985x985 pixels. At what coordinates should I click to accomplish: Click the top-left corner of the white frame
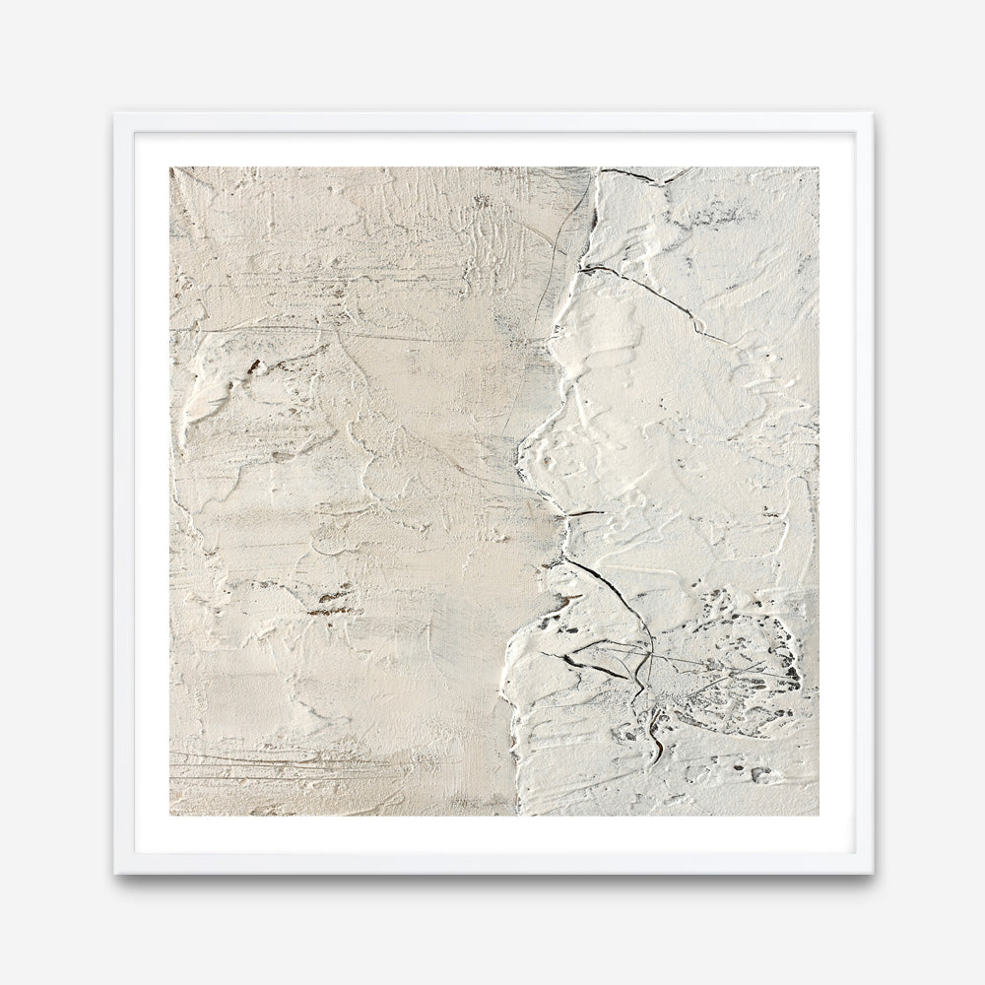pyautogui.click(x=113, y=113)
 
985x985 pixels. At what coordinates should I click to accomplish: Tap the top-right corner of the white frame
pyautogui.click(x=873, y=113)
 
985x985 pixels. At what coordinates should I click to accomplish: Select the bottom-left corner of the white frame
pyautogui.click(x=113, y=874)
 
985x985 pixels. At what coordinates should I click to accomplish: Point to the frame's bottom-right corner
pyautogui.click(x=873, y=874)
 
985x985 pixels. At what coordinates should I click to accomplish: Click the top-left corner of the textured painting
pyautogui.click(x=169, y=167)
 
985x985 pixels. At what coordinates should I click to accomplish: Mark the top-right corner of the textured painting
pyautogui.click(x=819, y=167)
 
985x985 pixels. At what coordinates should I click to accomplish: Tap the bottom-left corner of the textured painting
pyautogui.click(x=169, y=816)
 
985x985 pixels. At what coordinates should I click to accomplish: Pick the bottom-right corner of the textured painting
pyautogui.click(x=819, y=816)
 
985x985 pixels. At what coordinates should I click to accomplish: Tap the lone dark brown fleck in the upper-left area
pyautogui.click(x=254, y=366)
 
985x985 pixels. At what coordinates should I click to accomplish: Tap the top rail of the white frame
pyautogui.click(x=492, y=122)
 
